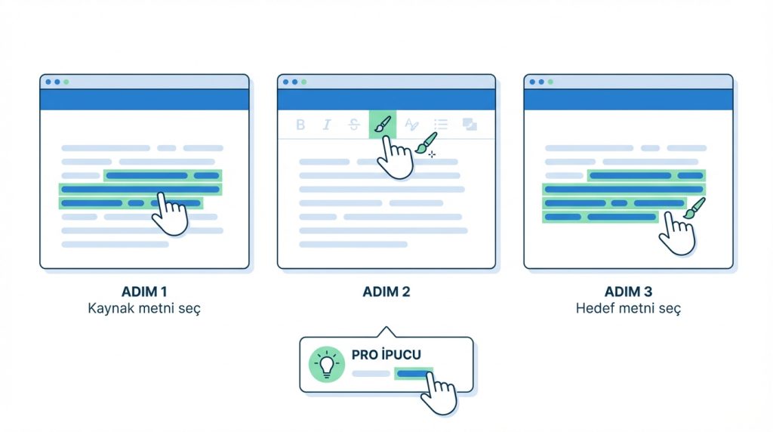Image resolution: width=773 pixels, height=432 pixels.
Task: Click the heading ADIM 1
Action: coord(144,292)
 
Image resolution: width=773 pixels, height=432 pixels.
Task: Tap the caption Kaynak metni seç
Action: coord(144,309)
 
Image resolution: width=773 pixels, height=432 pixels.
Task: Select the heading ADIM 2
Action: coord(386,292)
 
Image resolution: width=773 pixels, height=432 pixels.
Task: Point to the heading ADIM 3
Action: coord(629,292)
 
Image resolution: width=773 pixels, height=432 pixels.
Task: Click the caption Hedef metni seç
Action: coord(629,309)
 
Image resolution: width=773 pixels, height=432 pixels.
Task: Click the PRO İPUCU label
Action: coord(386,354)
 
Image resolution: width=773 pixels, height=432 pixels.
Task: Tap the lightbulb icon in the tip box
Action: coord(326,365)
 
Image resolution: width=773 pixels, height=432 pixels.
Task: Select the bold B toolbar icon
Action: coord(300,125)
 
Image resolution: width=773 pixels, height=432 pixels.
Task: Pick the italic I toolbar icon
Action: coord(326,125)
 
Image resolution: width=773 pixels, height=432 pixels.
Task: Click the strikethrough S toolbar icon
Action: coord(353,125)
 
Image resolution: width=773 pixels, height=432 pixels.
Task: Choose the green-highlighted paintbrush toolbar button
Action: coord(383,125)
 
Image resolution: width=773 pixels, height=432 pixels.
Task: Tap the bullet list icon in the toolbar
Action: coord(441,125)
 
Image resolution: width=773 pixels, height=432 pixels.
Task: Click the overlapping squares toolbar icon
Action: coord(470,125)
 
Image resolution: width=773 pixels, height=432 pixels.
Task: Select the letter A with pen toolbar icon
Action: coord(411,125)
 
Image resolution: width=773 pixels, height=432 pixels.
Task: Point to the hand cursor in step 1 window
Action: coord(170,214)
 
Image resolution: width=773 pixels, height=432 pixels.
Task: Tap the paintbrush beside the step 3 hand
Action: coord(694,208)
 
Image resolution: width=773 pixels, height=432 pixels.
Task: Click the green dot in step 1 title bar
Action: coord(66,82)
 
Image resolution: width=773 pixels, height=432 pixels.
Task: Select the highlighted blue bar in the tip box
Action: coord(413,374)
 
